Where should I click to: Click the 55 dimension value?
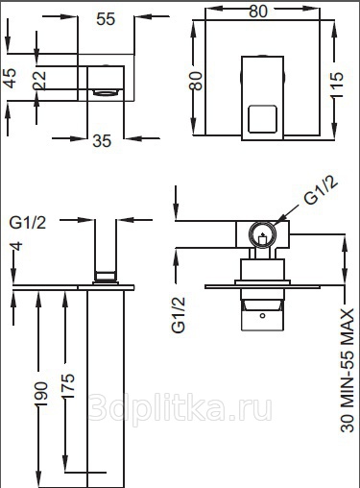coord(106,19)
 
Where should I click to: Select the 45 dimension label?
coord(10,78)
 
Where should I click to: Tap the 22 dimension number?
coord(39,80)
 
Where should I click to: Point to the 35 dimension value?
coord(102,141)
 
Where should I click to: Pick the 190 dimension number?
coord(41,394)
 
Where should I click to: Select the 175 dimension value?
coord(68,386)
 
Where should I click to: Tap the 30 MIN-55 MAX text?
coord(347,370)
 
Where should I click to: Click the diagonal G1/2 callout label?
coord(321,191)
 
